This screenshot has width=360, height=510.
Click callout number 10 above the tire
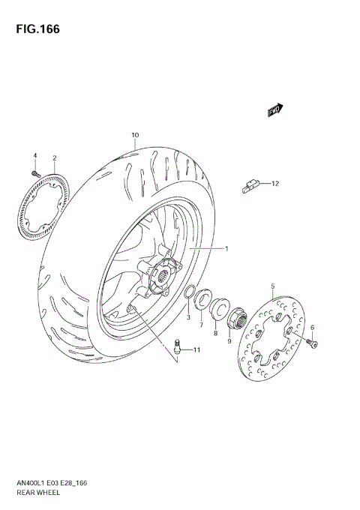coord(135,136)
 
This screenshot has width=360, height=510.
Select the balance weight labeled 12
coord(250,185)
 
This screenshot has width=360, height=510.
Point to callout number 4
coord(34,155)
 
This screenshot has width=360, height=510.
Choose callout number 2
coord(55,158)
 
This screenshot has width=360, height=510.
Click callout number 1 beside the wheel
coord(224,248)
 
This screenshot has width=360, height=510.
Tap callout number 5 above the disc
coord(272,286)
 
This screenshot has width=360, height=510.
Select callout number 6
coord(312,327)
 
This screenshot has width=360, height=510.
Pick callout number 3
coord(188,317)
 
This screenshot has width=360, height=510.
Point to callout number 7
coord(201,324)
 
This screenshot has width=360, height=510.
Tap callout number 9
coord(230,341)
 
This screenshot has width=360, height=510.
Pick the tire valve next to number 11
coord(178,346)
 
